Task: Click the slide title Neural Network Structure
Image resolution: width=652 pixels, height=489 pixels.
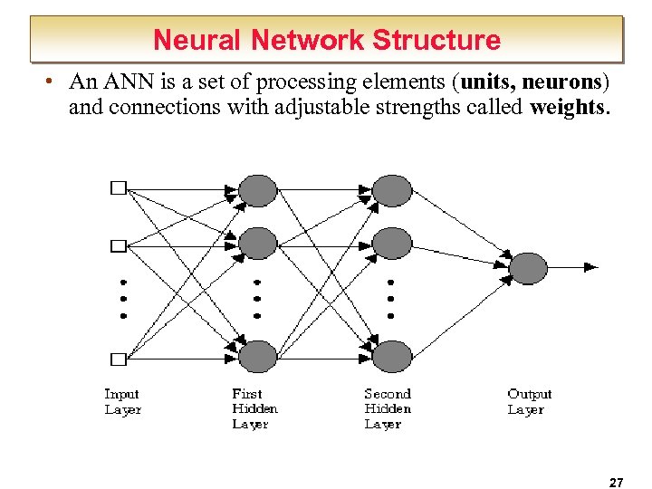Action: coord(326,40)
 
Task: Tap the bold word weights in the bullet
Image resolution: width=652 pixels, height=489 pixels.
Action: coord(569,107)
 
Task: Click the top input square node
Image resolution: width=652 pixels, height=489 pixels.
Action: coord(118,188)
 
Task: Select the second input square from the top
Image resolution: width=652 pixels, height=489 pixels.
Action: coord(118,245)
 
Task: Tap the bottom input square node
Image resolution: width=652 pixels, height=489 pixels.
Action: coord(118,359)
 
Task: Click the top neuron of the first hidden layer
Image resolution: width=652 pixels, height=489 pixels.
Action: coord(257,191)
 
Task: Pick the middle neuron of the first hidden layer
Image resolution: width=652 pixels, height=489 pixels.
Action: coord(257,243)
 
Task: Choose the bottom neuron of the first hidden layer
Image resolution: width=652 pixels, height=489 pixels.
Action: coord(257,356)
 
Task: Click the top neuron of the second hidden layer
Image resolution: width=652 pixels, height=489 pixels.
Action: coord(392,191)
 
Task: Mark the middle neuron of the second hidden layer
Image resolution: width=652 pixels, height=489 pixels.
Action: coord(392,243)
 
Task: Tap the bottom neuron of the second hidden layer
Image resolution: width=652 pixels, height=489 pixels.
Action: coord(392,356)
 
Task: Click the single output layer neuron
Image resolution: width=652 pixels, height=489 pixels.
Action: coord(528,268)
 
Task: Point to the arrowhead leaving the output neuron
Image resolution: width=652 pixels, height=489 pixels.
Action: coord(590,267)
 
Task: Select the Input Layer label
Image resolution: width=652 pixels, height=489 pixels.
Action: coord(122,401)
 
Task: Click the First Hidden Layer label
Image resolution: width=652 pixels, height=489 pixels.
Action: coord(254,408)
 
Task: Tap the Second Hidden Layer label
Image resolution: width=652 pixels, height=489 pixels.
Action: coord(388,408)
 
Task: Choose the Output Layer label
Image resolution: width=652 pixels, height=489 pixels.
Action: coord(529,401)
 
